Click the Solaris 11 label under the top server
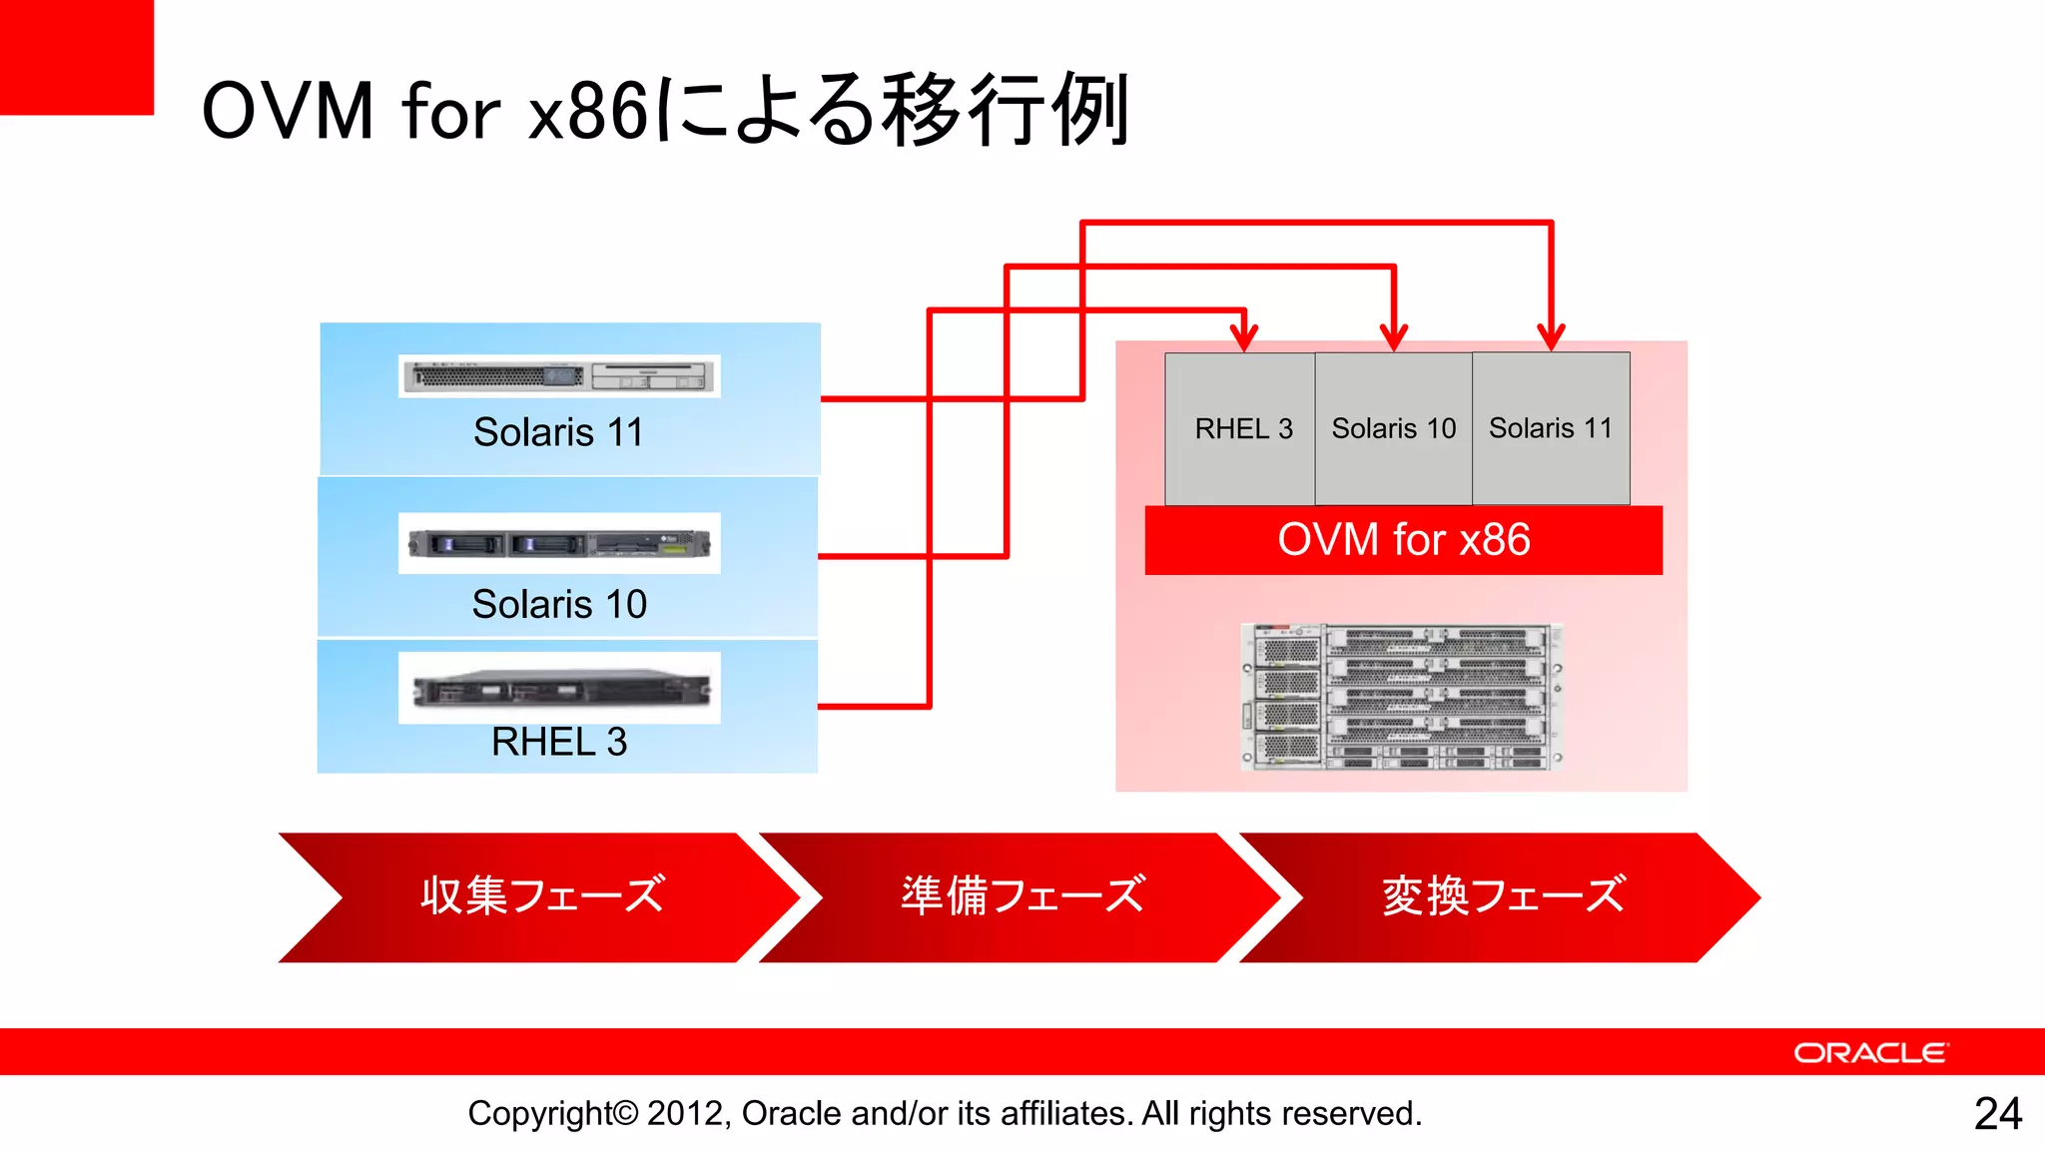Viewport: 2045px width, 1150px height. click(x=558, y=432)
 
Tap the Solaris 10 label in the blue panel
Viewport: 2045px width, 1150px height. click(x=559, y=604)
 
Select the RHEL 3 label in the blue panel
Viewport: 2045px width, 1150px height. click(x=559, y=742)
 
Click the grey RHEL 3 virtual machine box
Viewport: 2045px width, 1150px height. click(x=1242, y=429)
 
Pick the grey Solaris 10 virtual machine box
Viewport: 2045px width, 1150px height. click(x=1393, y=429)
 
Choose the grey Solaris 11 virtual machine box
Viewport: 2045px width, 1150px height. click(x=1551, y=429)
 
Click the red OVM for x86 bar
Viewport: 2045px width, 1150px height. click(x=1403, y=540)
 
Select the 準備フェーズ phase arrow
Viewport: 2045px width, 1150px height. click(x=1022, y=896)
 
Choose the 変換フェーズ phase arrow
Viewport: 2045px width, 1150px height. click(x=1503, y=896)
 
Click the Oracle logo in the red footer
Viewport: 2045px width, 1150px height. click(x=1870, y=1053)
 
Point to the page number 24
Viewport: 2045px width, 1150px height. click(x=1998, y=1113)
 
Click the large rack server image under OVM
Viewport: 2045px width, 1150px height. click(x=1401, y=697)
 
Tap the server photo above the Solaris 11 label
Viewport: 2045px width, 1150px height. click(x=559, y=376)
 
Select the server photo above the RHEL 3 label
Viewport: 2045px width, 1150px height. click(x=559, y=688)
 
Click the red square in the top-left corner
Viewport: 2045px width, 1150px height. click(x=76, y=56)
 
